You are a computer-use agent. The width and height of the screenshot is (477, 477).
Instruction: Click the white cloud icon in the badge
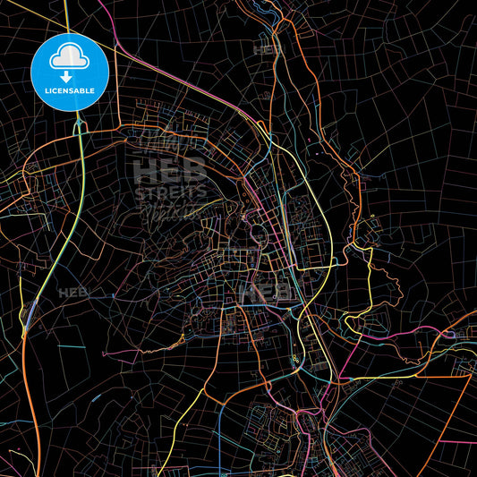coord(70,56)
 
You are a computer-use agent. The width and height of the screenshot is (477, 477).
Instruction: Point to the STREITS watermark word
coord(170,192)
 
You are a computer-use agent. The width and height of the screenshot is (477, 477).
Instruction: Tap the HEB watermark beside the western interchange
coord(73,293)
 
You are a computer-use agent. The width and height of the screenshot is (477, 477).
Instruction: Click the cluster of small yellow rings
coord(295,361)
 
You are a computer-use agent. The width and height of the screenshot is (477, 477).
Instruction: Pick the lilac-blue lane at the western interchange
coord(30,312)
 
